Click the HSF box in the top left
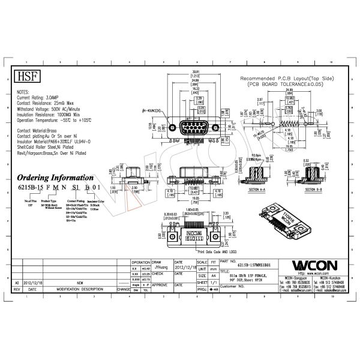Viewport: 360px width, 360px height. click(24, 77)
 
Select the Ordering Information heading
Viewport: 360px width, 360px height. click(53, 178)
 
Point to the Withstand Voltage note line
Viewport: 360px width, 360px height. click(47, 108)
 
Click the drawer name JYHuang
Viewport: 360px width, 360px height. click(159, 268)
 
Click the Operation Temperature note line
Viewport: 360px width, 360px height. click(49, 119)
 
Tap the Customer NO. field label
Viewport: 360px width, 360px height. click(232, 287)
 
